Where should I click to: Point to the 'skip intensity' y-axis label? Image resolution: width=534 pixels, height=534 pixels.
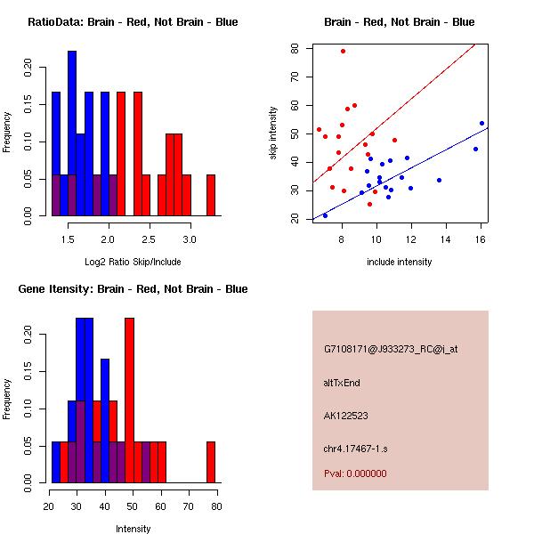(x=273, y=133)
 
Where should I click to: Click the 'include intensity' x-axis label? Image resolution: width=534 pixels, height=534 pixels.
(x=400, y=262)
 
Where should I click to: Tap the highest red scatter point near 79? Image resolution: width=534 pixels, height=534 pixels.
(x=343, y=52)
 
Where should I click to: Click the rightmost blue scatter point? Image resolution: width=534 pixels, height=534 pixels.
(x=481, y=124)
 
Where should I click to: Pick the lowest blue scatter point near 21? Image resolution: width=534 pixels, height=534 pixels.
(x=325, y=215)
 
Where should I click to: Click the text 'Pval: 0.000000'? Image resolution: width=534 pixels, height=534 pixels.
(x=355, y=473)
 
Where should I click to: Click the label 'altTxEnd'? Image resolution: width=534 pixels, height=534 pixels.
(x=342, y=383)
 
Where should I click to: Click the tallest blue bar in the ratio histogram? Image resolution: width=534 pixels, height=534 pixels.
(x=72, y=133)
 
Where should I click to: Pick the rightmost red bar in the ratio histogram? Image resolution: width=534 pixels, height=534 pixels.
(x=211, y=195)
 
